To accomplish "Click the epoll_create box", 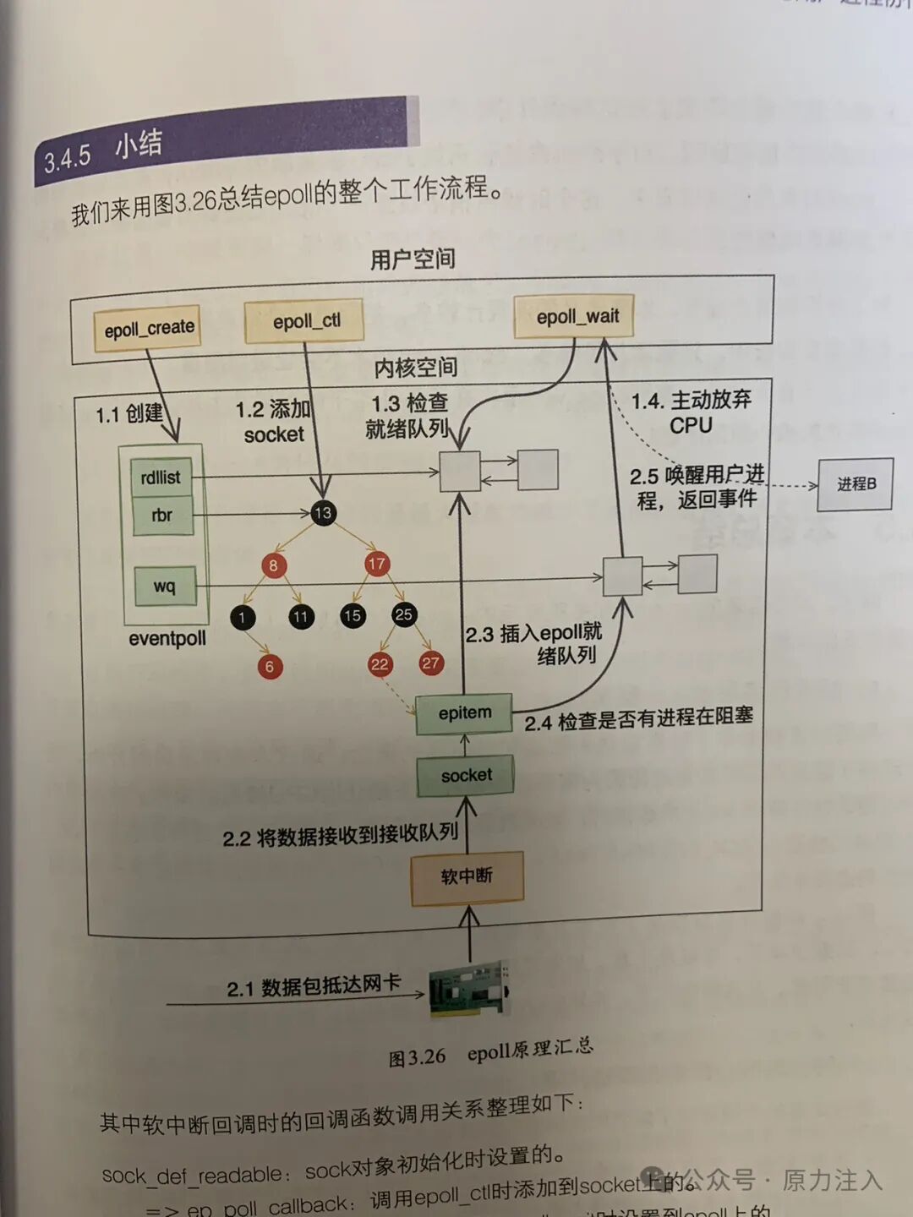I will [149, 328].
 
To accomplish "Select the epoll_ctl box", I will [304, 321].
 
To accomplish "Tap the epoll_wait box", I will [577, 317].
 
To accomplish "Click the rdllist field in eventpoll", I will [161, 478].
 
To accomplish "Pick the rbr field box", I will [161, 515].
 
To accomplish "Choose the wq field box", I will [165, 587].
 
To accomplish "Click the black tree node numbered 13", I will [323, 513].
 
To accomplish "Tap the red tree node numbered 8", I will [272, 565].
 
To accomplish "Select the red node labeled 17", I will [377, 564].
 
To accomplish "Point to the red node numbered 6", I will [270, 667].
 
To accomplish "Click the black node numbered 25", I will [404, 614].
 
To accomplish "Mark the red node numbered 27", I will [431, 663].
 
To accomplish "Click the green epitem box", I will [465, 713].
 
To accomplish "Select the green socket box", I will [466, 775].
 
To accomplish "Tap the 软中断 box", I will [467, 877].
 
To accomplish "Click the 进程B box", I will [856, 484].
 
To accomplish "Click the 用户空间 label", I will [413, 259].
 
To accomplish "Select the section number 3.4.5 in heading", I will [68, 158].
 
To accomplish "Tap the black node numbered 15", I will [353, 615].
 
